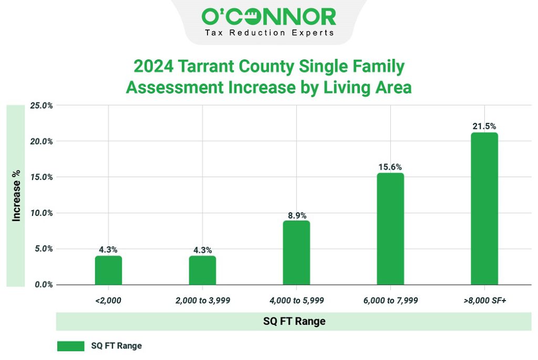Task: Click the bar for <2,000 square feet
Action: tap(108, 270)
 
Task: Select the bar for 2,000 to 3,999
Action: tap(202, 270)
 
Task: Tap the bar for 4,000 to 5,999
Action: tap(296, 253)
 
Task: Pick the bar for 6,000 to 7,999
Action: tap(390, 229)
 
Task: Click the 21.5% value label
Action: tap(484, 126)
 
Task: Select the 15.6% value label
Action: tap(390, 167)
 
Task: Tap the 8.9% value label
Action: tap(296, 215)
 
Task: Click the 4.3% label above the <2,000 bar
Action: tap(108, 250)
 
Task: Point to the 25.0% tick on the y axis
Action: tap(41, 106)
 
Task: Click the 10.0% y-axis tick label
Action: tap(41, 213)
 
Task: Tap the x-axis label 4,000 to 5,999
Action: tap(296, 301)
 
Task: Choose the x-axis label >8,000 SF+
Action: tap(484, 301)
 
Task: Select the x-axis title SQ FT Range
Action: tap(294, 321)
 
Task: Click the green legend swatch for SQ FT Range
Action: tap(70, 346)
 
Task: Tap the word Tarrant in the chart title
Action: tap(203, 67)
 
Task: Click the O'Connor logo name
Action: tap(268, 16)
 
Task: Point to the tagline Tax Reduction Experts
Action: tap(268, 33)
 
